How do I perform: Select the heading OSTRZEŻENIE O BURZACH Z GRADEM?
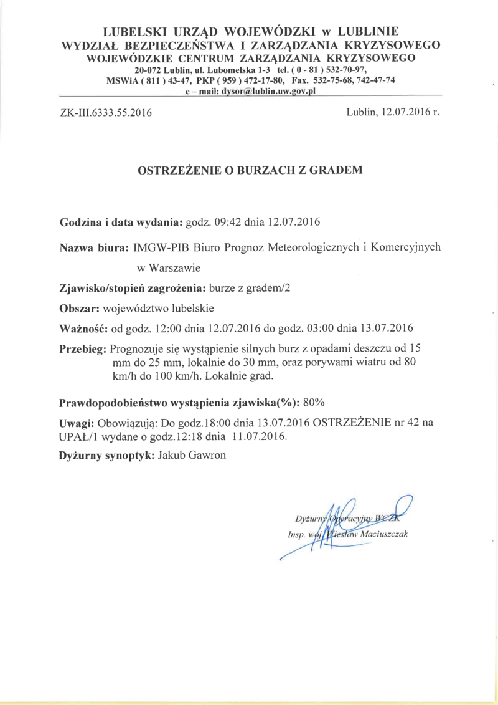tap(249, 170)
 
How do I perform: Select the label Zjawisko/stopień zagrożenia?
tap(133, 289)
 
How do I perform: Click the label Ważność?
tap(83, 328)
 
